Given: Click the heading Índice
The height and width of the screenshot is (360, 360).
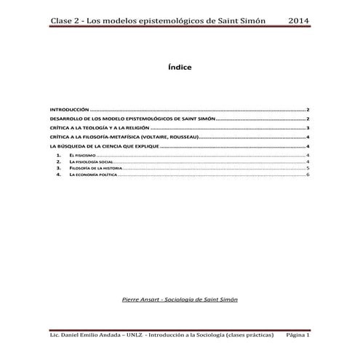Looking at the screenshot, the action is point(180,67).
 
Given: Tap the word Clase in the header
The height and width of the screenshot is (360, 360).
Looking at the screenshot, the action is point(63,20).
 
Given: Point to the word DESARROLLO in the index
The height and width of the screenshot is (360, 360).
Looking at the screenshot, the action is point(63,117).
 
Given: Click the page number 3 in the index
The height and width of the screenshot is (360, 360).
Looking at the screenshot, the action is point(309,127).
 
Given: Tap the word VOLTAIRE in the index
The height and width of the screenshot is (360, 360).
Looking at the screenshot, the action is point(159,136).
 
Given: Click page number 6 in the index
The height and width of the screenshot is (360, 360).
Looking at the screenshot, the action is point(309,175).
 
